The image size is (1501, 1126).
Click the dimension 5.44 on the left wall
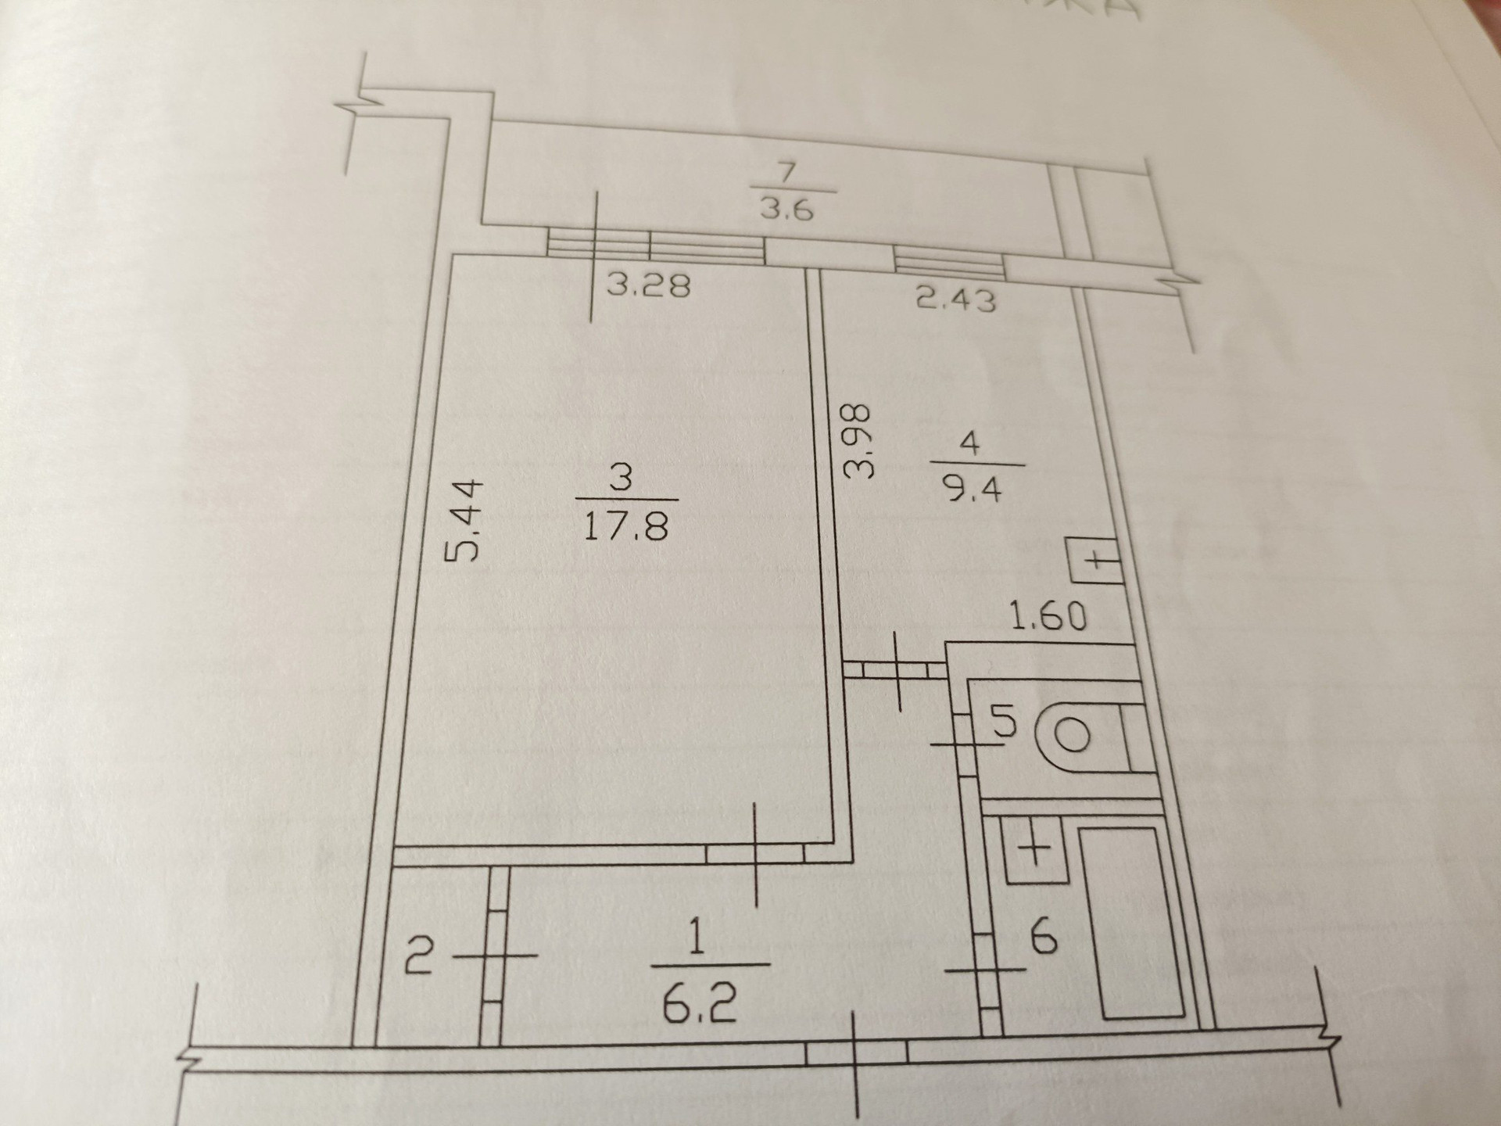[464, 521]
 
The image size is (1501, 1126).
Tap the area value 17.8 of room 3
[626, 526]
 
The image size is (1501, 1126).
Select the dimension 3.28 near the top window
[649, 285]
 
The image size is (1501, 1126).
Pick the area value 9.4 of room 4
[972, 491]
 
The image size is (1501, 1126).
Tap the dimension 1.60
[1048, 615]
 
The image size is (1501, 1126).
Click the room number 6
[1044, 937]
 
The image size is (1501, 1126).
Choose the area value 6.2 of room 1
[700, 1005]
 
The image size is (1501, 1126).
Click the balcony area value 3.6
[787, 210]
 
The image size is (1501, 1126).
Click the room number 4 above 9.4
[969, 443]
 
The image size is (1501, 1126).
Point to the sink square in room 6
[1034, 848]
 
